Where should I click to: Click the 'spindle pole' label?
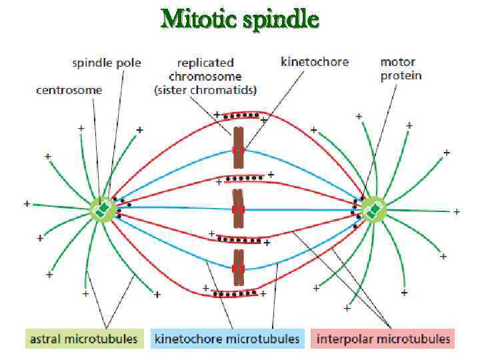pos(107,63)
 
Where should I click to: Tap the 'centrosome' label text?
pos(69,90)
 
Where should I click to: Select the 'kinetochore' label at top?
pos(315,62)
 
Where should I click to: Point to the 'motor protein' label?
pos(401,69)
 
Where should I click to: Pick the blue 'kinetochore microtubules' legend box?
pos(227,339)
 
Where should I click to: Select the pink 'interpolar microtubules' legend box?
pos(382,339)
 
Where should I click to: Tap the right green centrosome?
pos(374,209)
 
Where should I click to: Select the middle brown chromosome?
pos(238,209)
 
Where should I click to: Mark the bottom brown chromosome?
pos(238,269)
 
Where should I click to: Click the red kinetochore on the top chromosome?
pos(238,150)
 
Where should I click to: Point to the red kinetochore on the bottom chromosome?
pos(238,269)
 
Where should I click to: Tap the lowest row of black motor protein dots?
pos(235,292)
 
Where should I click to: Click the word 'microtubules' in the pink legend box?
pos(417,339)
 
